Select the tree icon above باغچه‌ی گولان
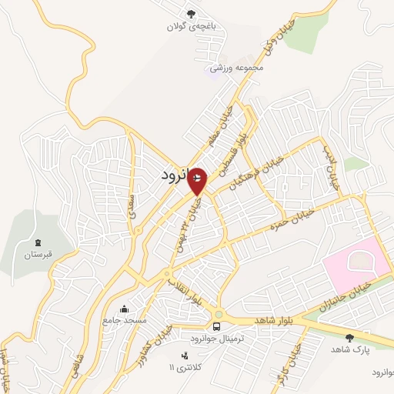(191, 12)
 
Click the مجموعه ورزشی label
(241, 67)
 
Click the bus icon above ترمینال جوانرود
(217, 326)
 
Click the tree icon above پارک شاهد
(350, 337)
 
